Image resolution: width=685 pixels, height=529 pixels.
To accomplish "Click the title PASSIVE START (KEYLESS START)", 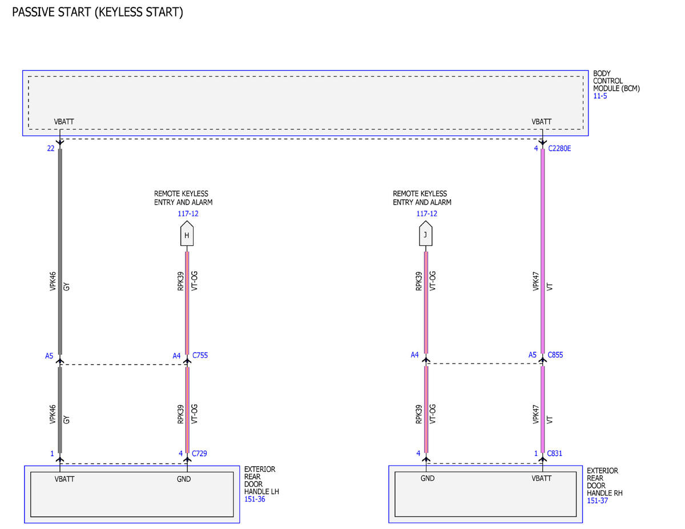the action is click(98, 12).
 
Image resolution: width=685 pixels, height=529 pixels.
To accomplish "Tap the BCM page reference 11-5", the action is click(600, 96).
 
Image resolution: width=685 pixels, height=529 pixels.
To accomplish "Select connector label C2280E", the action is click(559, 148).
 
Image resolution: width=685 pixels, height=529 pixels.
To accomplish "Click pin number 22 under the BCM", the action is click(51, 148).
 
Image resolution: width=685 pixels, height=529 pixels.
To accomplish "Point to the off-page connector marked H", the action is click(187, 233).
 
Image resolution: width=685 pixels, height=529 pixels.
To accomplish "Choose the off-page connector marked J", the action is click(426, 233).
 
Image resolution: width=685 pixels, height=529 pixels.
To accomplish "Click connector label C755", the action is click(200, 356).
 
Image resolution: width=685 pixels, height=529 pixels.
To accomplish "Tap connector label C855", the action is click(555, 355).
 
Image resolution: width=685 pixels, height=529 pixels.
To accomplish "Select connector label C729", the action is click(200, 453).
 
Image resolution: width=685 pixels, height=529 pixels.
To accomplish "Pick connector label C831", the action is click(554, 453).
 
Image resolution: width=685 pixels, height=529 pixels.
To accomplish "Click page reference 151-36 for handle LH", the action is click(255, 499).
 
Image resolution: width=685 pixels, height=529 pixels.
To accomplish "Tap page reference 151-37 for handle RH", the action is click(597, 500).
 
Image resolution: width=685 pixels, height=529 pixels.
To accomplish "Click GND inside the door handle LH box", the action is click(184, 479).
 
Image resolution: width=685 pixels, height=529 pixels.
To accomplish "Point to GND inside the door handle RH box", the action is click(428, 478).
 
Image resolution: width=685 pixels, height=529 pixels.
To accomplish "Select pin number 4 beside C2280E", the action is click(536, 148).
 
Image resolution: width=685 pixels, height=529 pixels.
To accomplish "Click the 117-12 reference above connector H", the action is click(188, 213).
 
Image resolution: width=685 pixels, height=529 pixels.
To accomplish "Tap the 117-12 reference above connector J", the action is click(427, 213).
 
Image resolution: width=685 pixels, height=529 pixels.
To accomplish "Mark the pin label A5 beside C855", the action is click(533, 355).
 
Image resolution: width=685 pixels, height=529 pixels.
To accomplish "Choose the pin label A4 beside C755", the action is click(176, 356).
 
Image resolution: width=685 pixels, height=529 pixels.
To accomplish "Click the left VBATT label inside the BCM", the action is click(64, 122).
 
